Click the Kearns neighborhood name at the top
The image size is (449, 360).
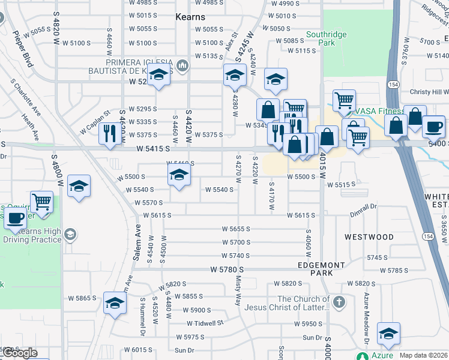[x=190, y=17]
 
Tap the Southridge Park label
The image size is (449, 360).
[x=326, y=38]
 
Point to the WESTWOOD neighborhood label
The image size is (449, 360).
[x=369, y=237]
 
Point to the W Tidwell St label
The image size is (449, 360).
[x=205, y=323]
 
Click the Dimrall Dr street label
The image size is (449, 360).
[x=364, y=206]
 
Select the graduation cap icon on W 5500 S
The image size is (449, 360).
[x=178, y=175]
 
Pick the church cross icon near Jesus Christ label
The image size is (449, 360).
[x=339, y=301]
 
